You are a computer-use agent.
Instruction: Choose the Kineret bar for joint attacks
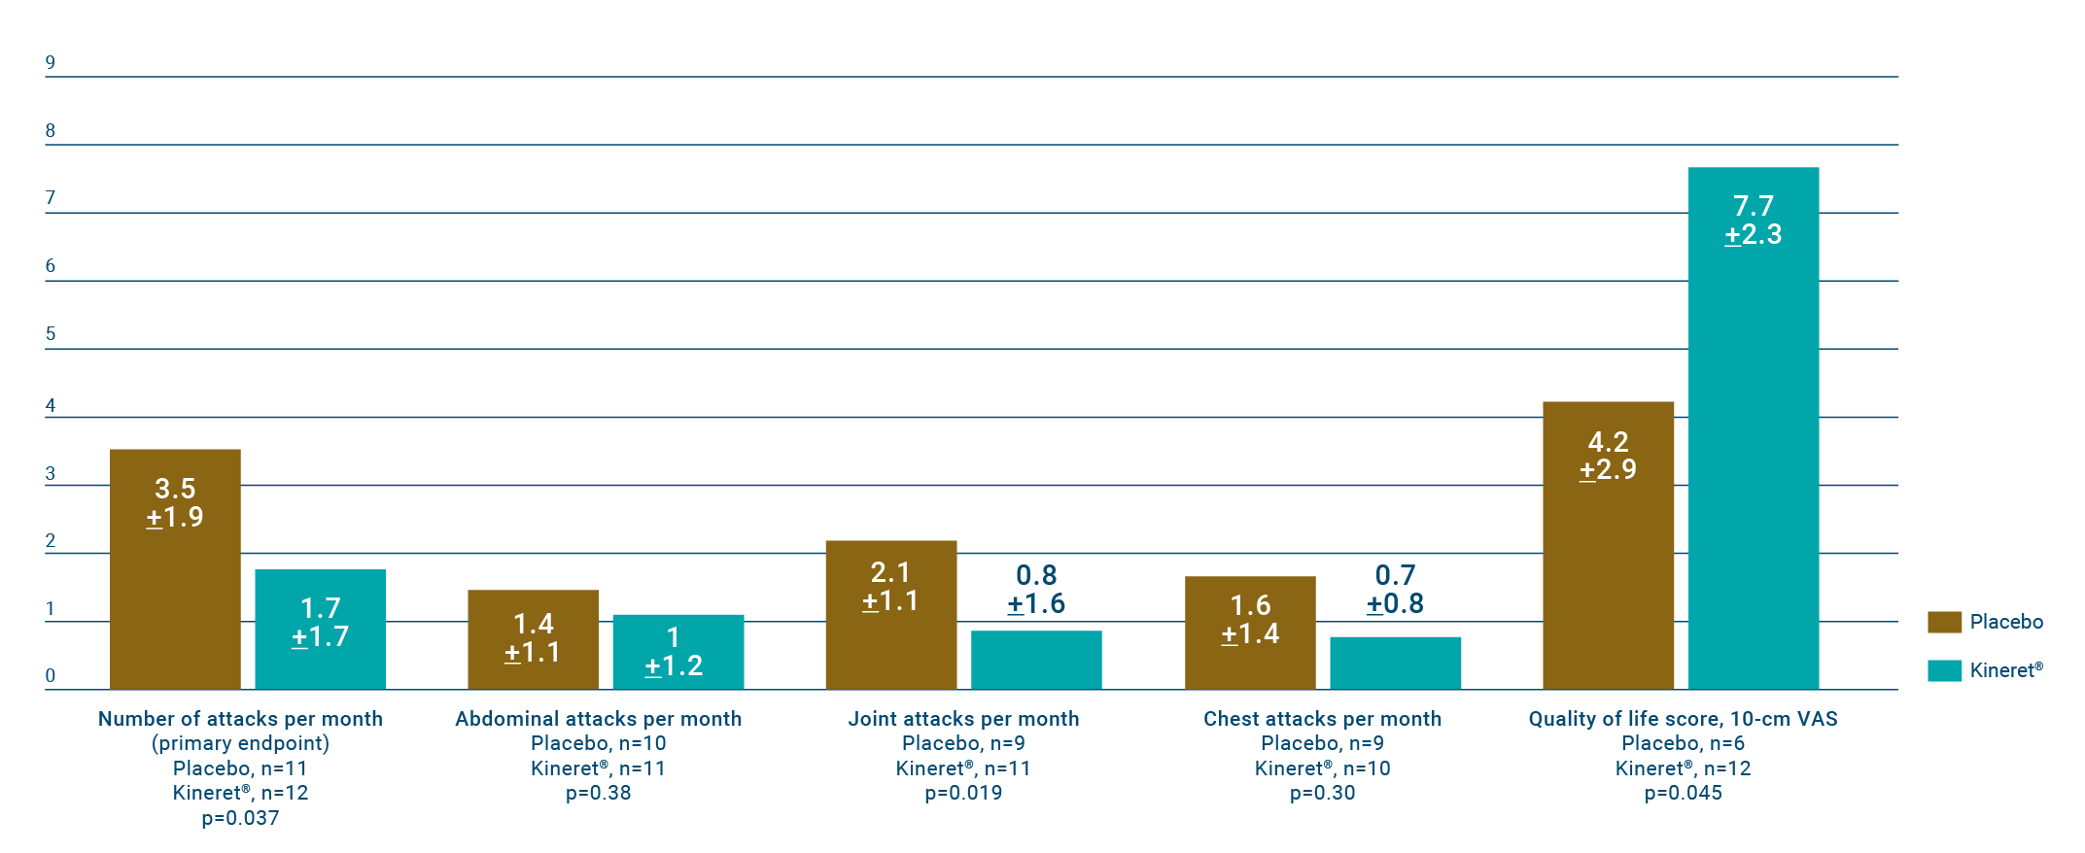[1036, 660]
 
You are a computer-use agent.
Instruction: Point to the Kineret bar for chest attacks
[1395, 663]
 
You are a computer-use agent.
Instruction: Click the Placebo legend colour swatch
[1944, 622]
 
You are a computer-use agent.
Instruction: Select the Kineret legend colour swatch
[1944, 670]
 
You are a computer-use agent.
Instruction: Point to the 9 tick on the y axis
[51, 63]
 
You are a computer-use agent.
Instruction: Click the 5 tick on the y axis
[51, 334]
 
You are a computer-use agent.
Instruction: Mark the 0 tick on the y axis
[51, 675]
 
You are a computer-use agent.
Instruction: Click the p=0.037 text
[240, 818]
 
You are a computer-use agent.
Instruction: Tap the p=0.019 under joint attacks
[963, 793]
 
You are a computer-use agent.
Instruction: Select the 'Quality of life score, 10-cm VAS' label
[1683, 719]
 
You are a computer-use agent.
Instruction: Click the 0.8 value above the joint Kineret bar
[1036, 575]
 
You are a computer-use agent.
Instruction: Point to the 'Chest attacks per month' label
[1322, 719]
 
